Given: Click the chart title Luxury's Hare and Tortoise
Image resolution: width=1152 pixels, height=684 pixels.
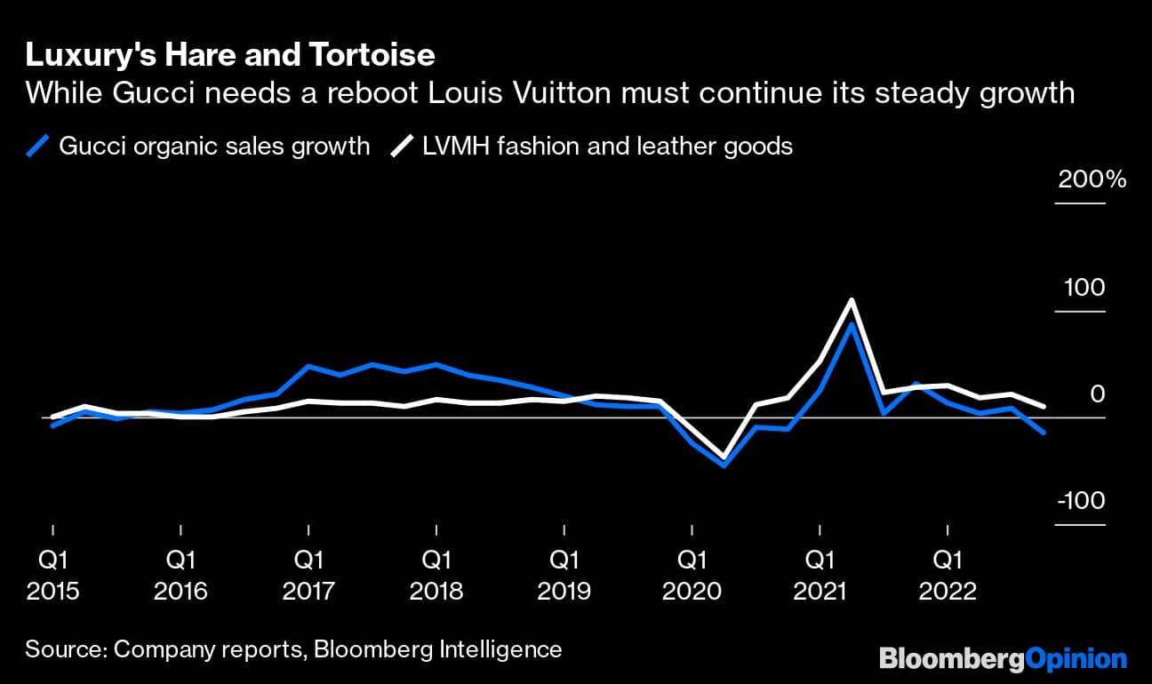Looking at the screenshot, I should (230, 56).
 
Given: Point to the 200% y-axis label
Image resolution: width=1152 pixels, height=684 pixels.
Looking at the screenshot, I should (1092, 180).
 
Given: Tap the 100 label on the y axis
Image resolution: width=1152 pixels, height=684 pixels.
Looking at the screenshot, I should (1084, 288).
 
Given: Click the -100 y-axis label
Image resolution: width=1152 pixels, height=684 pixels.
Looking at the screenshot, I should (1080, 501).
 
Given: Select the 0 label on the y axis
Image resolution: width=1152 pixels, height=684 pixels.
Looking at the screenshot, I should (1098, 394).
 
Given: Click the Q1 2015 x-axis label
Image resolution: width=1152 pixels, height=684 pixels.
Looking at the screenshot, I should (53, 576).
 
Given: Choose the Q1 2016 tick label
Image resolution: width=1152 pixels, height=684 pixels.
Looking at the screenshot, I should (180, 576).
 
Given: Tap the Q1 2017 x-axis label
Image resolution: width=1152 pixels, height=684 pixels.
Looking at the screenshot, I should (308, 576).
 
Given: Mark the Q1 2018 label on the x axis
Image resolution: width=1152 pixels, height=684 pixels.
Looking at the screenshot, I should (436, 576).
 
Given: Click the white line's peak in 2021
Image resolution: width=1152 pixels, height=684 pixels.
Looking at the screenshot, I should (852, 300).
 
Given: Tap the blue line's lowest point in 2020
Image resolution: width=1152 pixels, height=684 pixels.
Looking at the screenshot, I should (724, 465).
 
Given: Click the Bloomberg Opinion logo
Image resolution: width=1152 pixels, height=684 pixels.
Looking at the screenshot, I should (1003, 659).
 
